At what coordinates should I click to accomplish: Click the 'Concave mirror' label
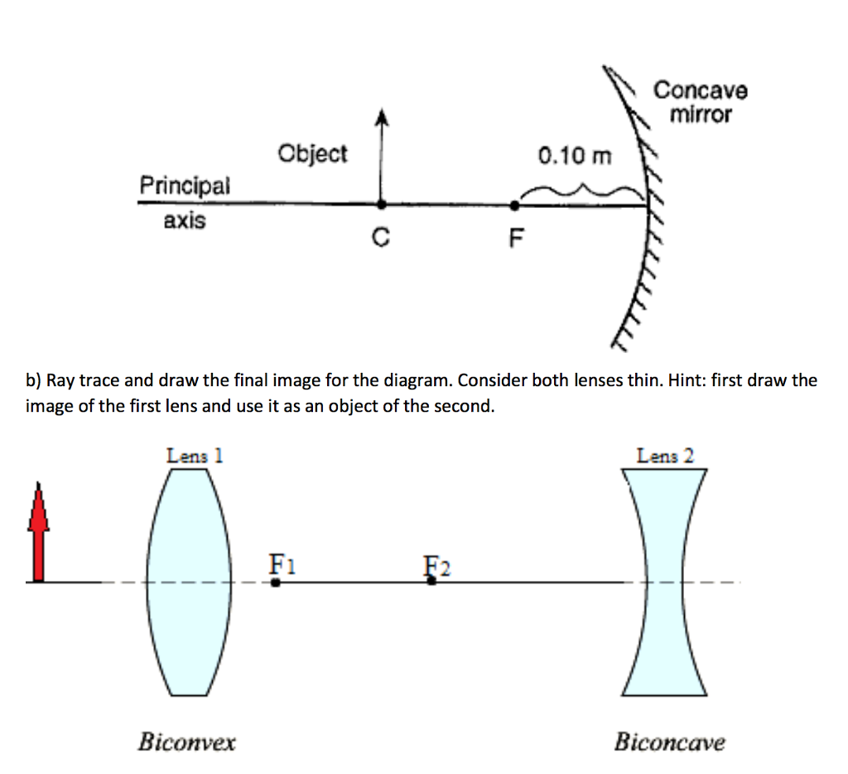pos(701,102)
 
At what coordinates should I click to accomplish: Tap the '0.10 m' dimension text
pos(576,155)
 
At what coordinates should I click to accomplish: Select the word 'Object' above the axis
pos(313,154)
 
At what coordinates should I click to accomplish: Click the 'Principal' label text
pos(185,186)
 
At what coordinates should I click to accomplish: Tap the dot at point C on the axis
pos(381,203)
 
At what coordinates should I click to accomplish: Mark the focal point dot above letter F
pos(515,204)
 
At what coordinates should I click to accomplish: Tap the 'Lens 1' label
pos(195,455)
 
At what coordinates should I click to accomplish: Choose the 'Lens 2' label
pos(665,455)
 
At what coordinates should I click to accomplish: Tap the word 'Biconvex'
pos(186,741)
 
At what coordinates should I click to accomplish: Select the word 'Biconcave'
pos(669,741)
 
